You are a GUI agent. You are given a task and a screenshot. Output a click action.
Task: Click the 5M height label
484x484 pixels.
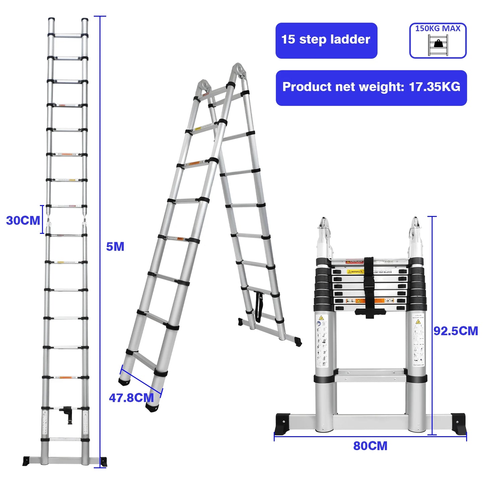(115, 247)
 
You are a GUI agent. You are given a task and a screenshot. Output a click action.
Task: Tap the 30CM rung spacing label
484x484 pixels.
(23, 220)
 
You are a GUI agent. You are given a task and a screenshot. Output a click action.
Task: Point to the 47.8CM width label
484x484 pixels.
(131, 398)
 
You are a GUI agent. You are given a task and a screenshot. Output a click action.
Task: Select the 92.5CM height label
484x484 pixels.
(456, 331)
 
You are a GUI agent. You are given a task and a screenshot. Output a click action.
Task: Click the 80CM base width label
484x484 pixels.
(370, 446)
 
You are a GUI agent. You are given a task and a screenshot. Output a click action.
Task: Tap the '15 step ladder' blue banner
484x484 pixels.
(326, 41)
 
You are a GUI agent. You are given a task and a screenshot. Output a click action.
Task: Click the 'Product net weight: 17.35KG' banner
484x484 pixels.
(371, 88)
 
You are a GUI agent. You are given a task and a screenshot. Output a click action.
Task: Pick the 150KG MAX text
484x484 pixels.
(438, 29)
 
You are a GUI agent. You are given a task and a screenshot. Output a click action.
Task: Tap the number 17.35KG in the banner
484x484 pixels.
(434, 87)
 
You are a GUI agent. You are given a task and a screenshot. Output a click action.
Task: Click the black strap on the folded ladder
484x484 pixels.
(369, 285)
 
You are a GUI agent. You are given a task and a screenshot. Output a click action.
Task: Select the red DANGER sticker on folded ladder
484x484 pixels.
(354, 262)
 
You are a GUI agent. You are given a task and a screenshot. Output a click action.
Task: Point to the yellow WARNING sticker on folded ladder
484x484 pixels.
(355, 272)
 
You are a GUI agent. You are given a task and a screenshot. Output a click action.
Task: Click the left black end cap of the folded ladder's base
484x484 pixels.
(282, 423)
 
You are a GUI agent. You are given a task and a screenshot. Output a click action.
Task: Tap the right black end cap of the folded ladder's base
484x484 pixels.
(458, 423)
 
